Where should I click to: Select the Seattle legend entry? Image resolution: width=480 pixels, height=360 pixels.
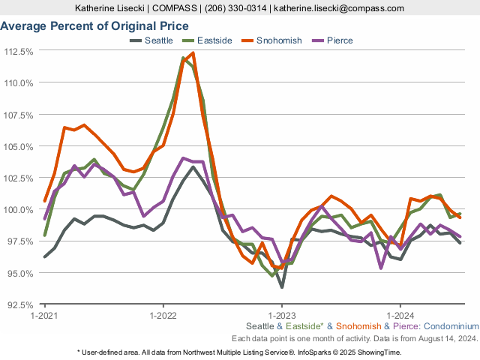157,40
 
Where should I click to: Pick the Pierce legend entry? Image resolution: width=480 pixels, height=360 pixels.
340,40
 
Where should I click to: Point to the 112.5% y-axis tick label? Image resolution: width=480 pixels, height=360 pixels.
19,52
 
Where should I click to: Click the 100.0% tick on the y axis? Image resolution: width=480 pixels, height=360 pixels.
19,210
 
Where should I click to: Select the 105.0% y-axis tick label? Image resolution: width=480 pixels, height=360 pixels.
19,147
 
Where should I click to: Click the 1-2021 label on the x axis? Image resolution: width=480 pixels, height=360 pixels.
45,316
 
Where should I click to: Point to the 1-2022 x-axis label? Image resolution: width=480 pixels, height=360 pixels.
163,316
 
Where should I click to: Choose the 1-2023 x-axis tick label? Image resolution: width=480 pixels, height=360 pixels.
281,316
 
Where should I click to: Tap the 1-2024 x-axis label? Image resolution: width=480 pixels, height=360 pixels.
400,316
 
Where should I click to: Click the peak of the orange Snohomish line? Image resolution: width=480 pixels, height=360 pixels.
193,53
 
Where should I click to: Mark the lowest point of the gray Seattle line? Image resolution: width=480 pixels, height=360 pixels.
282,286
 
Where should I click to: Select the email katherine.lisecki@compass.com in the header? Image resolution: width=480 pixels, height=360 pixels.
340,8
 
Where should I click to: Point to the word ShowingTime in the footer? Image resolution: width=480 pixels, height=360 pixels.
379,352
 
